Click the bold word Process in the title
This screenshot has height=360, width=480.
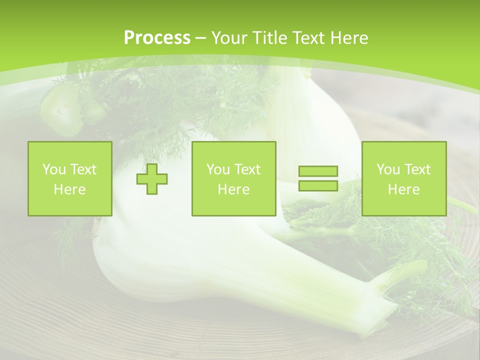157,38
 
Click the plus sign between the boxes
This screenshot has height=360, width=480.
152,178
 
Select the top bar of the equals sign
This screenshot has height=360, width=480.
318,171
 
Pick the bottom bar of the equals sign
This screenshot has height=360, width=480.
318,185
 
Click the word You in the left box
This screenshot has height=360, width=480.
53,169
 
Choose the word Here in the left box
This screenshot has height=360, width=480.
69,189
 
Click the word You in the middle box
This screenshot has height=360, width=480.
218,169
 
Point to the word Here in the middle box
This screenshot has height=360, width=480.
233,189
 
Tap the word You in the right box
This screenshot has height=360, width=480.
388,169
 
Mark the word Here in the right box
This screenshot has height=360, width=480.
403,189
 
